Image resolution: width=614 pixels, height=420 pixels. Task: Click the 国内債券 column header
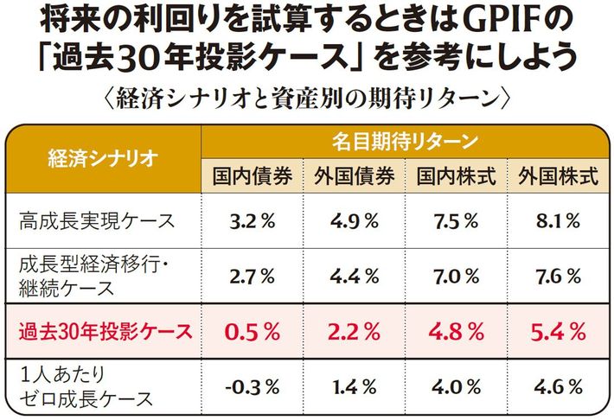point(252,176)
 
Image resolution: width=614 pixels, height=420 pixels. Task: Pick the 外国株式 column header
point(558,176)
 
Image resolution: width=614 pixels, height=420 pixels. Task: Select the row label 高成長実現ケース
point(97,220)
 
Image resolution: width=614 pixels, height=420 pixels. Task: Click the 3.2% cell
point(252,220)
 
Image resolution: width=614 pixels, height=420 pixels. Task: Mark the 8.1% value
point(558,220)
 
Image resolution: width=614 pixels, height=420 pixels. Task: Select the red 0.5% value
point(252,330)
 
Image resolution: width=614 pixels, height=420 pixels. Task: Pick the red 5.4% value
point(558,330)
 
